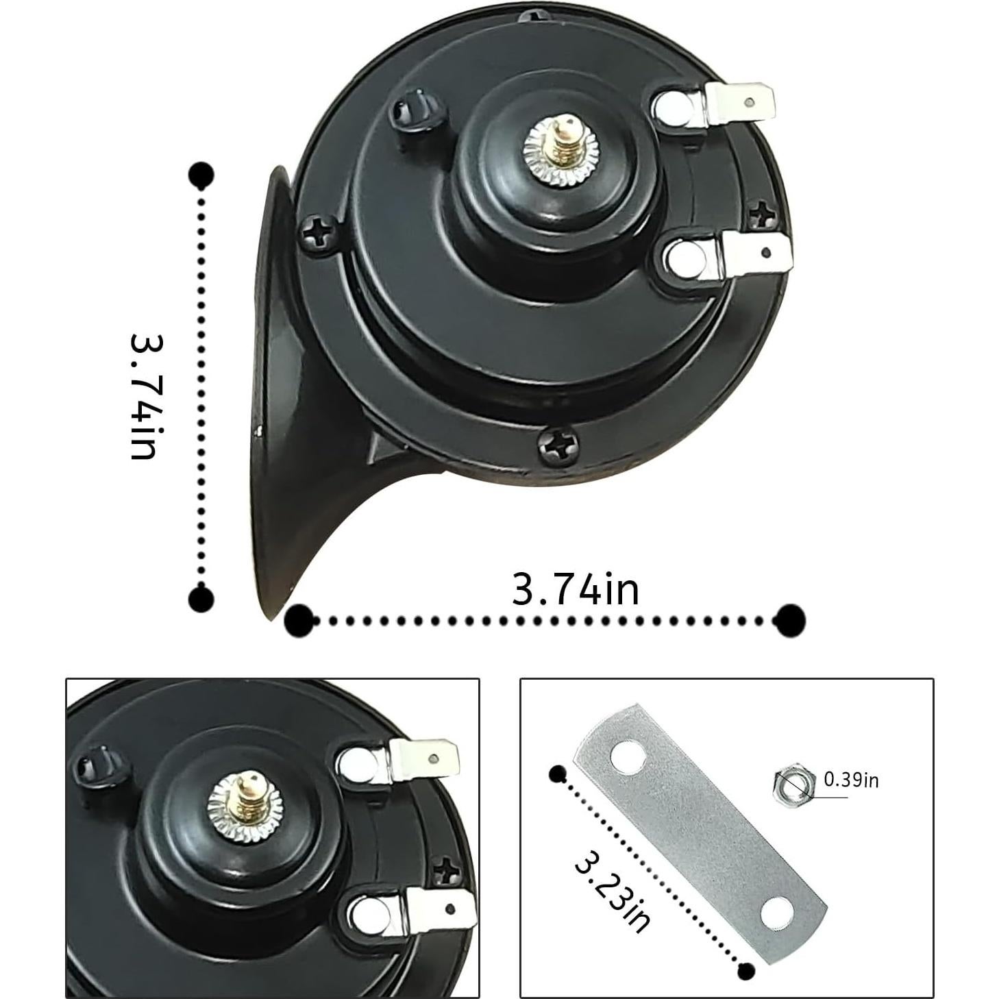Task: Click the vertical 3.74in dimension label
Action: coord(147,397)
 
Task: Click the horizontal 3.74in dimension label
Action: coord(575,590)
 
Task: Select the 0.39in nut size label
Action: coord(851,795)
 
